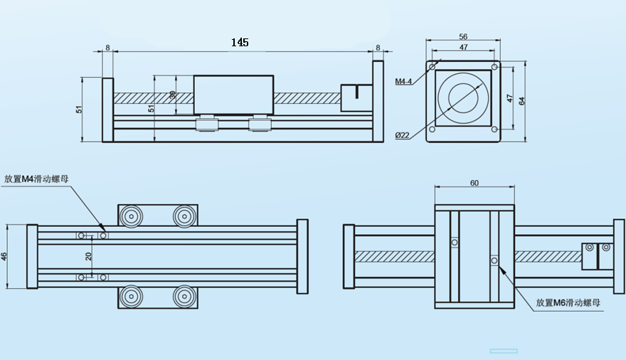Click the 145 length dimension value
pos(240,43)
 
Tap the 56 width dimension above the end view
pos(463,37)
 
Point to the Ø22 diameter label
pos(403,135)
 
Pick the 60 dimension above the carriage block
pos(474,183)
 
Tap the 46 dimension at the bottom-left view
pos(4,256)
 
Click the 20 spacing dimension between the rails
pos(89,256)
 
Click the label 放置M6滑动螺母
pos(568,303)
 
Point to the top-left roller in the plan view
pos(131,216)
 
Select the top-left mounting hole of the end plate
pos(433,67)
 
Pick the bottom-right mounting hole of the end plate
pos(494,129)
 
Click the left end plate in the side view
pos(107,110)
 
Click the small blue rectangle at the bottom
pos(504,351)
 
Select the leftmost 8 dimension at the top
pos(107,48)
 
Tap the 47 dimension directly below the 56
pos(463,48)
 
